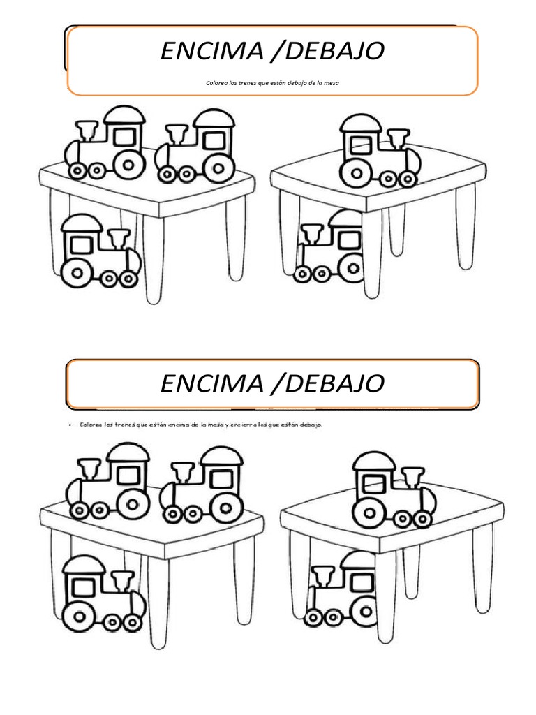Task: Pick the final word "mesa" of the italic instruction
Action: (x=339, y=82)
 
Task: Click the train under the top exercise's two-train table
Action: (x=100, y=252)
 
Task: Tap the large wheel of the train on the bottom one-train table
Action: (x=369, y=510)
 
